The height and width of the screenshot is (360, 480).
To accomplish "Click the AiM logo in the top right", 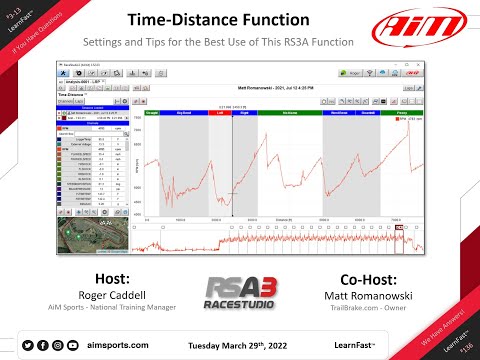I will point(425,27).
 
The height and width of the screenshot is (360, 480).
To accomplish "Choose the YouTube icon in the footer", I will point(72,345).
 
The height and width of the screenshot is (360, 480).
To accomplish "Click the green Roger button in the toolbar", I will point(356,73).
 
